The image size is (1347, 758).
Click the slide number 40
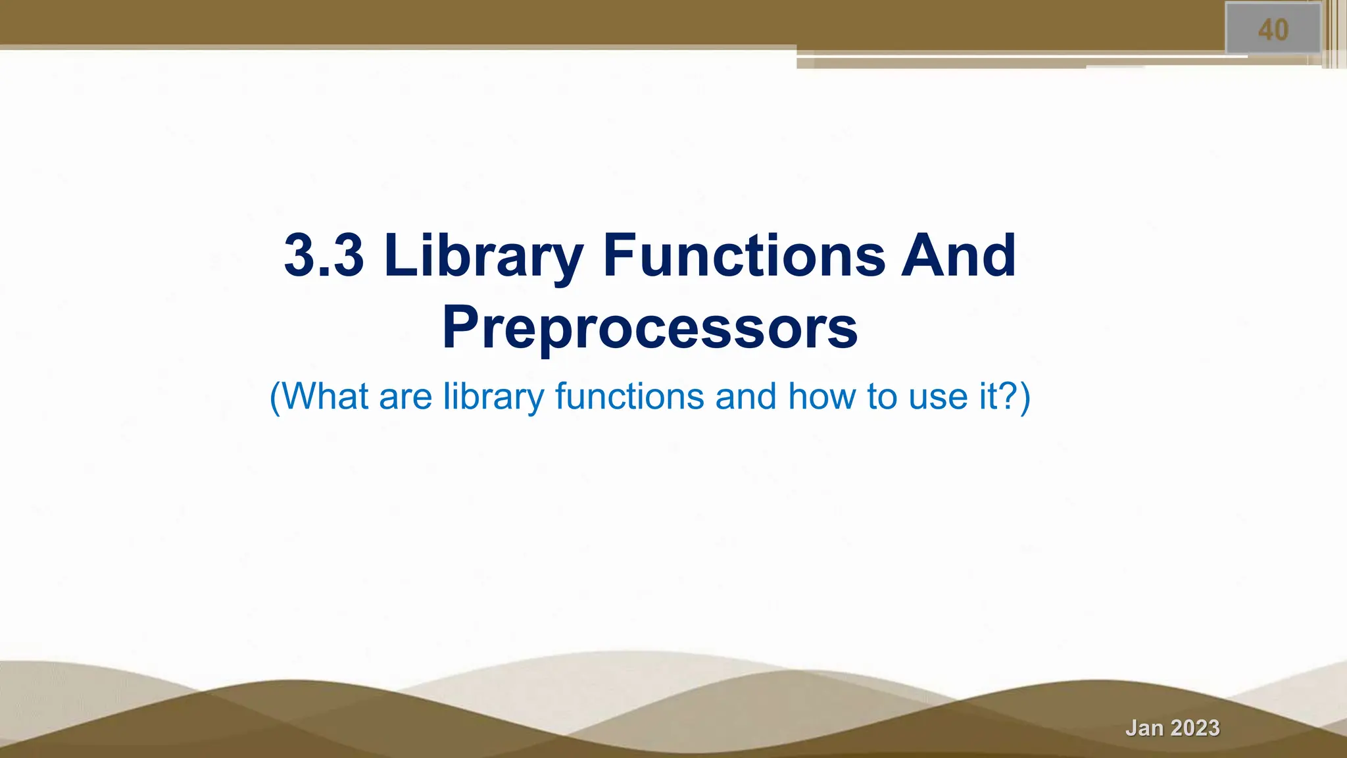(x=1273, y=30)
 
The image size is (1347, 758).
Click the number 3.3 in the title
(x=324, y=255)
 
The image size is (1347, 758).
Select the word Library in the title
(x=483, y=255)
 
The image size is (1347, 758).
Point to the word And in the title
(x=958, y=255)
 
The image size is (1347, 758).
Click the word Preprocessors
(x=650, y=328)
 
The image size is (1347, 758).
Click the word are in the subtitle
(x=405, y=397)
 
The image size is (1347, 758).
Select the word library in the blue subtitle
(x=493, y=397)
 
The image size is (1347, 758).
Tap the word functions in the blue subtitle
(x=629, y=397)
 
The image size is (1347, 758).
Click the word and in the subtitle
(x=746, y=397)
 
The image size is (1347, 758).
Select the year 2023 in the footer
(x=1195, y=728)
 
